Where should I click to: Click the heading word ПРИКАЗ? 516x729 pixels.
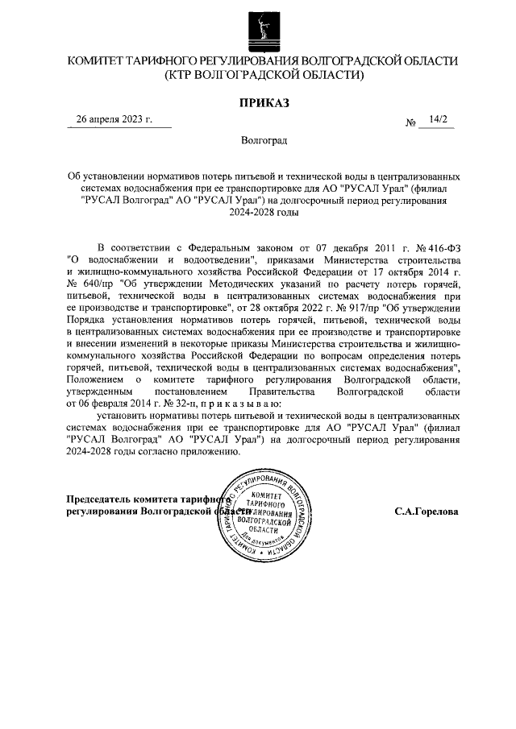tap(263, 102)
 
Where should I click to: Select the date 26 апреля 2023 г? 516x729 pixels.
tap(114, 120)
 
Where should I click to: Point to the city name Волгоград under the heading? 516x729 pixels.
tap(264, 139)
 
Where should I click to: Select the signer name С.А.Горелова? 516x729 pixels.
tap(427, 512)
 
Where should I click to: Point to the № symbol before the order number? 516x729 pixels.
tap(410, 123)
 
